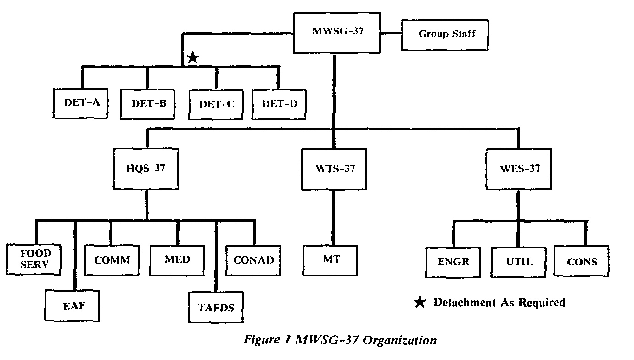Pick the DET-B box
pos(149,103)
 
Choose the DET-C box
pos(216,104)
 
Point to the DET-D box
pos(279,103)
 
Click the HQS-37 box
pos(146,169)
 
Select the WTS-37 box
pos(335,169)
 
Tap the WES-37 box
pos(519,169)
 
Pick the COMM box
pos(112,260)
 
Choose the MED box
pos(177,260)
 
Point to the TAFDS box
pos(216,307)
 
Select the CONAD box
pos(253,260)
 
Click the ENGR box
pos(454,262)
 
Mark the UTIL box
pos(519,262)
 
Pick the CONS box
pos(582,262)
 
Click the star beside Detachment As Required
pos(419,302)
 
